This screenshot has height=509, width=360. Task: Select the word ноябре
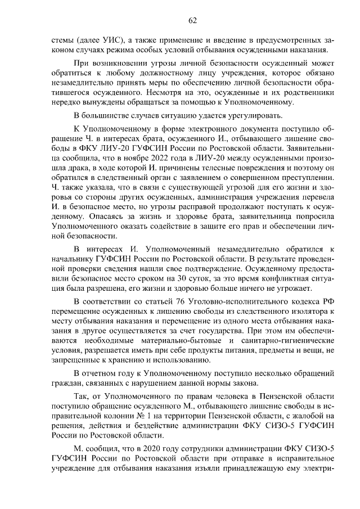point(147,158)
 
